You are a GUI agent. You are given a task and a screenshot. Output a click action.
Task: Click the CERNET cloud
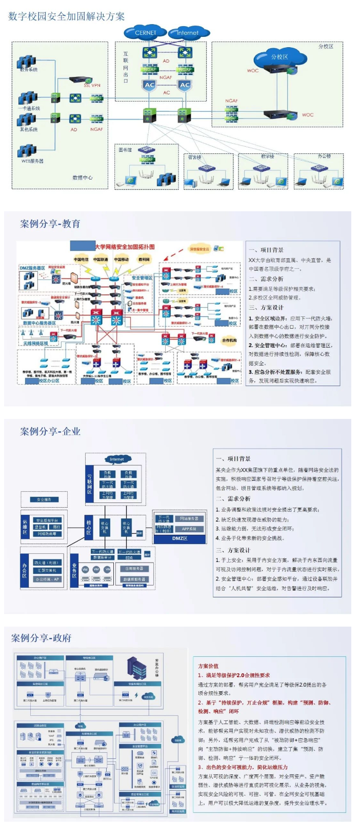tap(146, 32)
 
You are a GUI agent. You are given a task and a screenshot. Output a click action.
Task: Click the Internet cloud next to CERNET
tap(188, 33)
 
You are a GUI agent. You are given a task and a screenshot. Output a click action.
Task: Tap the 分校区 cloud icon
tap(279, 57)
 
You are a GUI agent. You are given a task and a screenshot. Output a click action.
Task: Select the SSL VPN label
tap(92, 85)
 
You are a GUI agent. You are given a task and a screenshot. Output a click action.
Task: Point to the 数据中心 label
tap(82, 177)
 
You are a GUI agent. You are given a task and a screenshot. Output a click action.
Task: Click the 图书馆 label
tap(125, 150)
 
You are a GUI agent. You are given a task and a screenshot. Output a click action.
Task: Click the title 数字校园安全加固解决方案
tap(67, 16)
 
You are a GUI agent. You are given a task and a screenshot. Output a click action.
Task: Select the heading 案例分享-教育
tap(50, 224)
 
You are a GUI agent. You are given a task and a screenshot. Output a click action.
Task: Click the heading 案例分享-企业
tap(50, 431)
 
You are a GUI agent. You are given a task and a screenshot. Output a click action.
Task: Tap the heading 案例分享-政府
tap(42, 638)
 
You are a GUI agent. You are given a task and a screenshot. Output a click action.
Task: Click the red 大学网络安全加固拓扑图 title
tap(125, 247)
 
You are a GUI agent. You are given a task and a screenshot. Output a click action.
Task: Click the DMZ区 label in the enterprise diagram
tap(179, 538)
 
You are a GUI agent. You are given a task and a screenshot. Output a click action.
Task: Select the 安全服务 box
tap(44, 499)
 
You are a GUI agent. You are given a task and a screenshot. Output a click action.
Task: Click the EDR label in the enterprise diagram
tap(129, 557)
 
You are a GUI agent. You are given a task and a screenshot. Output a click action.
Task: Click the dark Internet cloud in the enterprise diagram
tap(117, 459)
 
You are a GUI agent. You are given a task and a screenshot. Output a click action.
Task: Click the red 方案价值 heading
tap(208, 666)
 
